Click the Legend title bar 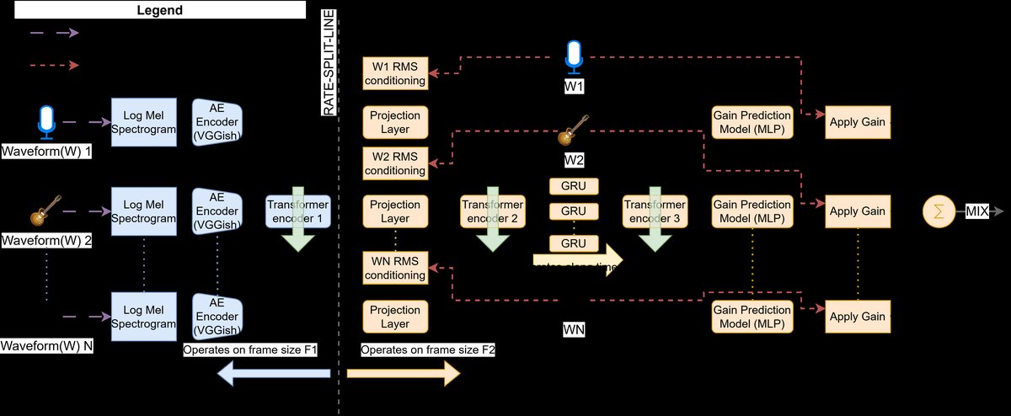point(152,9)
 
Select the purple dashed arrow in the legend point(54,33)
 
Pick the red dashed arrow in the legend point(54,65)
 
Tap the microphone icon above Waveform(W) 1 point(46,123)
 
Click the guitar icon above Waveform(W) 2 point(46,211)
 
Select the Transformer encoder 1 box point(297,211)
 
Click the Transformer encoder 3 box point(654,211)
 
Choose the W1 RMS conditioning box point(394,74)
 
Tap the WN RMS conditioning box point(394,266)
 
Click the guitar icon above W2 point(574,131)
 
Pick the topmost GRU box point(574,186)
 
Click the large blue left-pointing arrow point(274,373)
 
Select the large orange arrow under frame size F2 point(404,373)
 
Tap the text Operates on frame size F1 point(249,349)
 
